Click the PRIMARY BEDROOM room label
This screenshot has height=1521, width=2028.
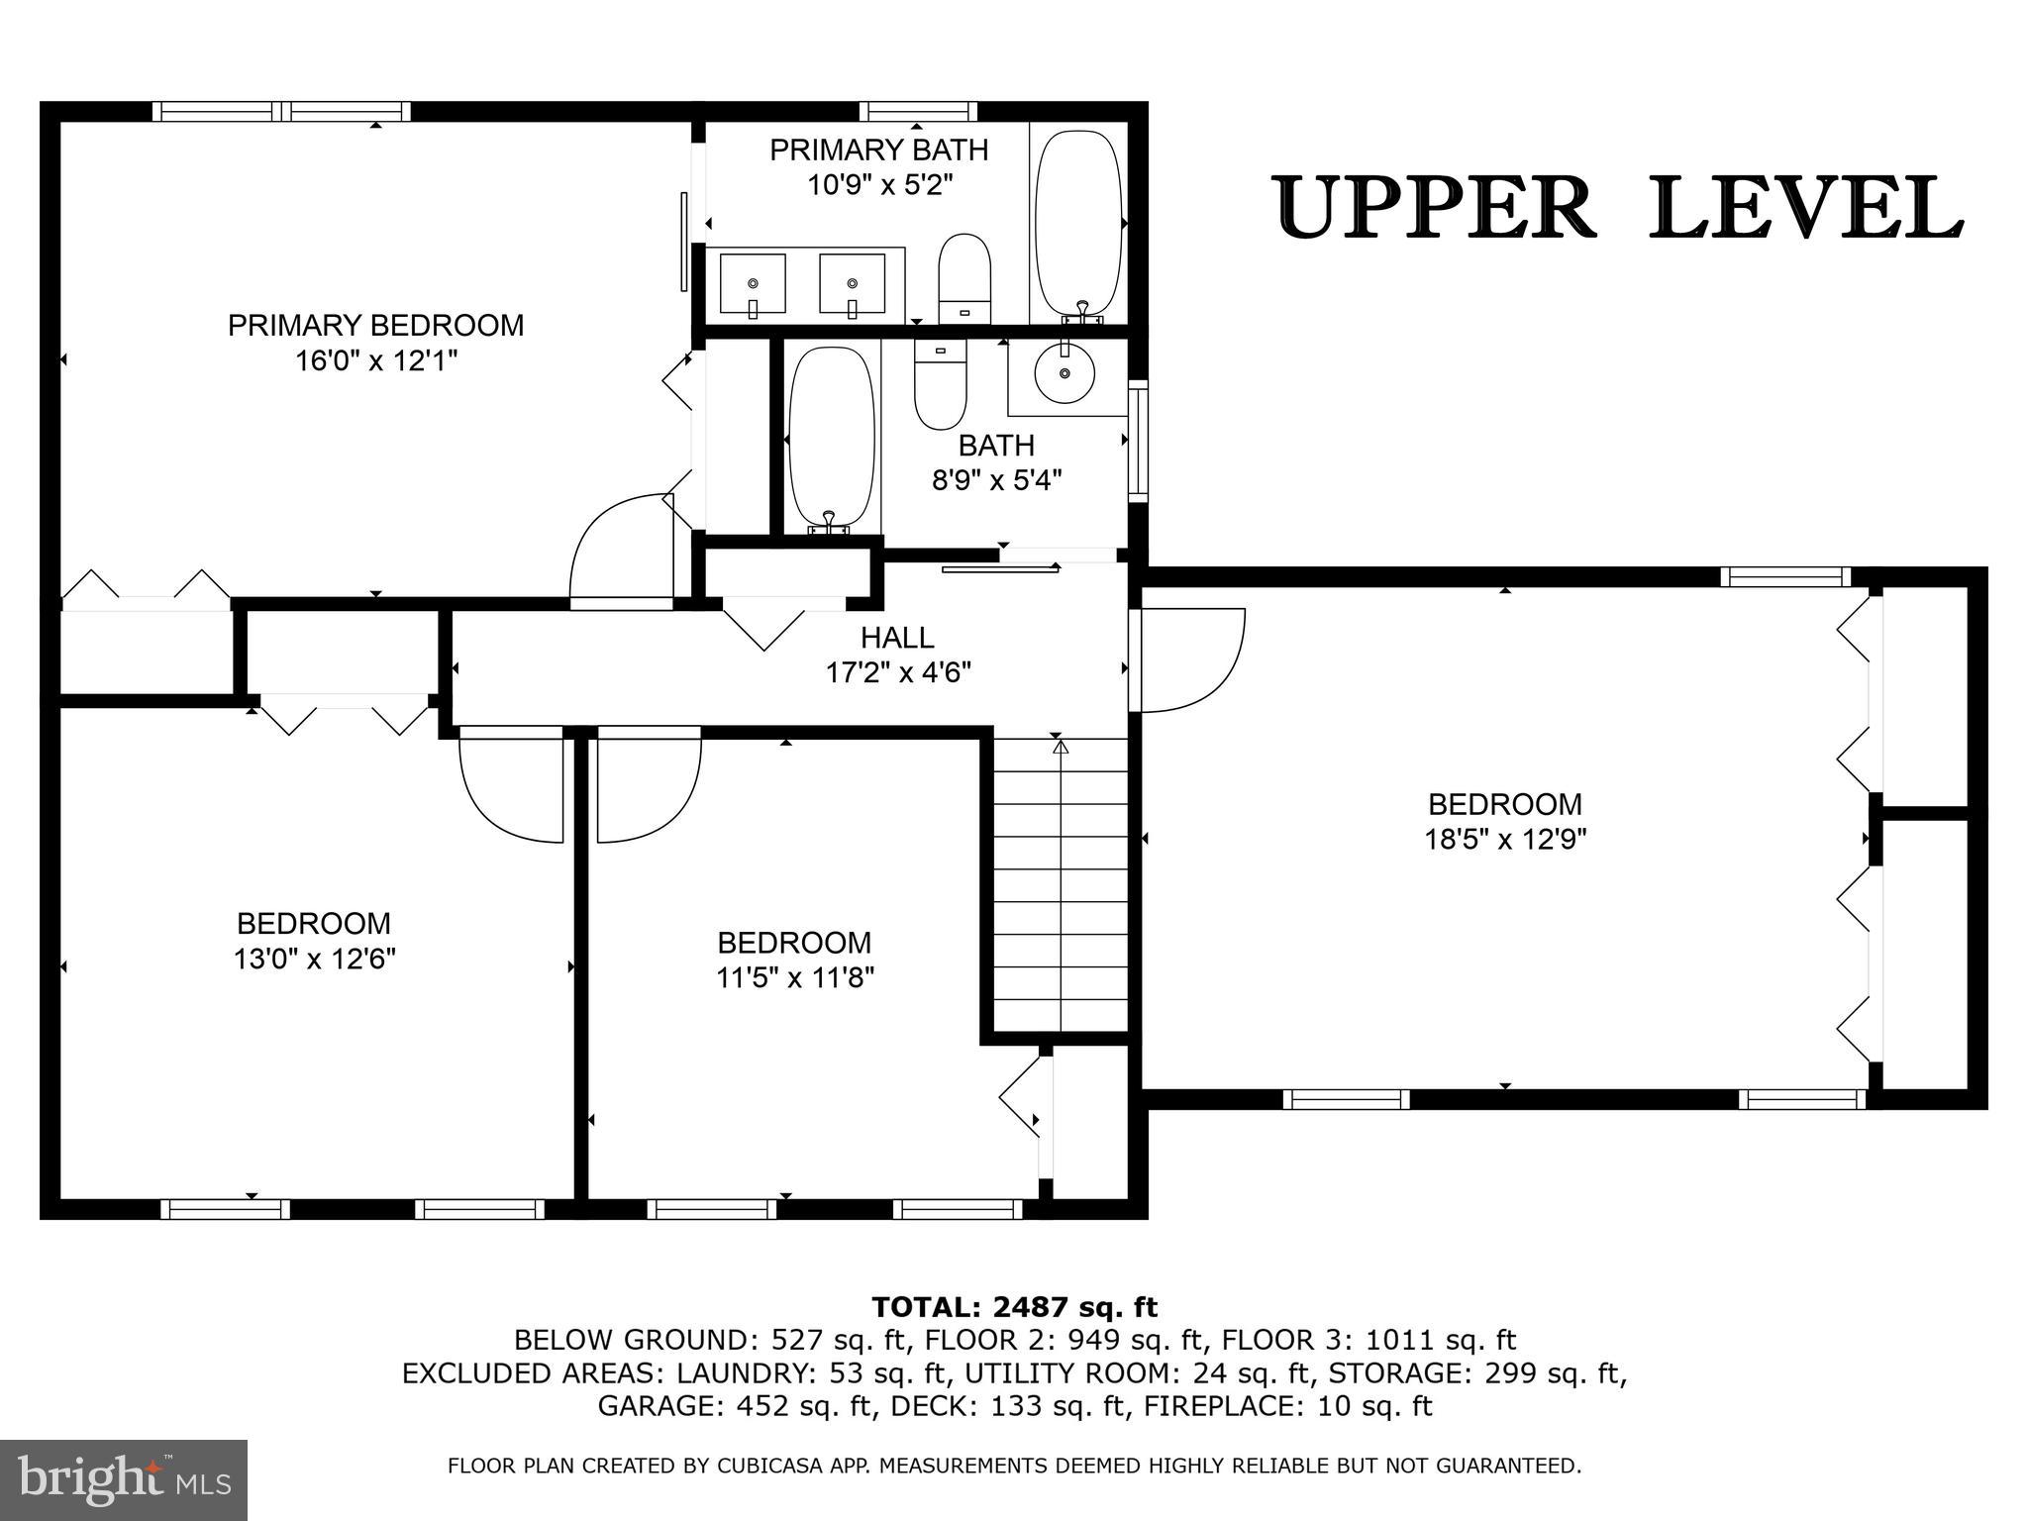coord(375,326)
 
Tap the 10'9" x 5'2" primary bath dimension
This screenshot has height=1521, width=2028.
coord(879,185)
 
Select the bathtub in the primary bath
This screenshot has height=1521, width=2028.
coord(1078,224)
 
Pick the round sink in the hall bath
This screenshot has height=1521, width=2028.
coord(1065,373)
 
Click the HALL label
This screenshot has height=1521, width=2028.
coord(896,638)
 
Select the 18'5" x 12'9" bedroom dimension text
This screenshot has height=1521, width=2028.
coord(1504,840)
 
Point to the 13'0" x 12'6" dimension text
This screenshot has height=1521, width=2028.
coord(315,959)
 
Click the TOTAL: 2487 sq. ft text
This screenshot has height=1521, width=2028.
coord(1014,1307)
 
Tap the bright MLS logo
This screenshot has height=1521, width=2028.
coord(124,1479)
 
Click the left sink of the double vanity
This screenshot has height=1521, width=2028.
coord(753,283)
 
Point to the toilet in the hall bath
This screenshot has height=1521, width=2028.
coord(940,382)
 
